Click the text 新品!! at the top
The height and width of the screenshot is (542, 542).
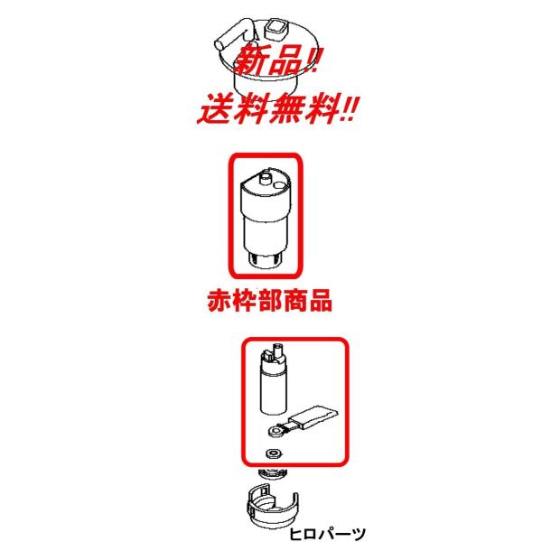276,64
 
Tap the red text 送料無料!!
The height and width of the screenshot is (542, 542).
276,111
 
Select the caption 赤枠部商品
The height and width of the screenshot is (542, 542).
266,301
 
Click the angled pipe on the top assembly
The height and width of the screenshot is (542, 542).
229,35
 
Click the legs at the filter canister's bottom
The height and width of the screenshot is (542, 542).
266,261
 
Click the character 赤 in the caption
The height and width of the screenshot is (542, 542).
213,301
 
